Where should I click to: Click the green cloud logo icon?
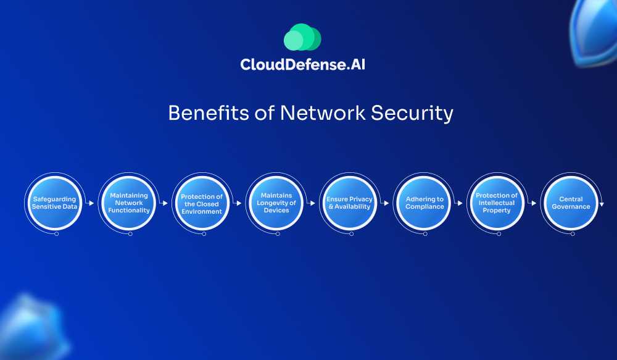[x=302, y=38]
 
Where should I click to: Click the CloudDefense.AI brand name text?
[x=302, y=64]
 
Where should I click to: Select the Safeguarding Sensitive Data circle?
[x=54, y=203]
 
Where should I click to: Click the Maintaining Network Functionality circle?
[x=128, y=203]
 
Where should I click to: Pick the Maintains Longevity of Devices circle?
[x=276, y=203]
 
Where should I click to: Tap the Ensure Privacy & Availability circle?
[x=349, y=203]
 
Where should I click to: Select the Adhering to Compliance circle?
[x=424, y=203]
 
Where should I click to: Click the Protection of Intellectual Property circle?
[x=497, y=203]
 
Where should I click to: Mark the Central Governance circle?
[x=571, y=203]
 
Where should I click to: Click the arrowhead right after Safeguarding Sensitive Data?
[x=92, y=203]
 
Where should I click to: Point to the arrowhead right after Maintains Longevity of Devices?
[x=313, y=203]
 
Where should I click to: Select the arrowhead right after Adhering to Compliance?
[x=461, y=203]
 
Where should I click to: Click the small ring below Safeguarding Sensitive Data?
[x=57, y=235]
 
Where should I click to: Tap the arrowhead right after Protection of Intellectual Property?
[x=535, y=203]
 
